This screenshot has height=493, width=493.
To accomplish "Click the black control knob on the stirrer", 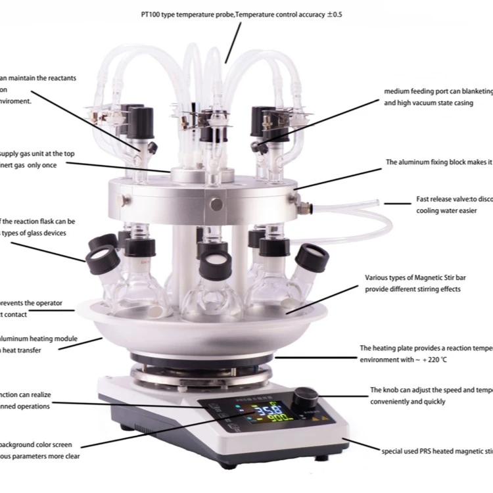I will click(306, 398).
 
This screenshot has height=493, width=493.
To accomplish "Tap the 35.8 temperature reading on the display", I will click(264, 412).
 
